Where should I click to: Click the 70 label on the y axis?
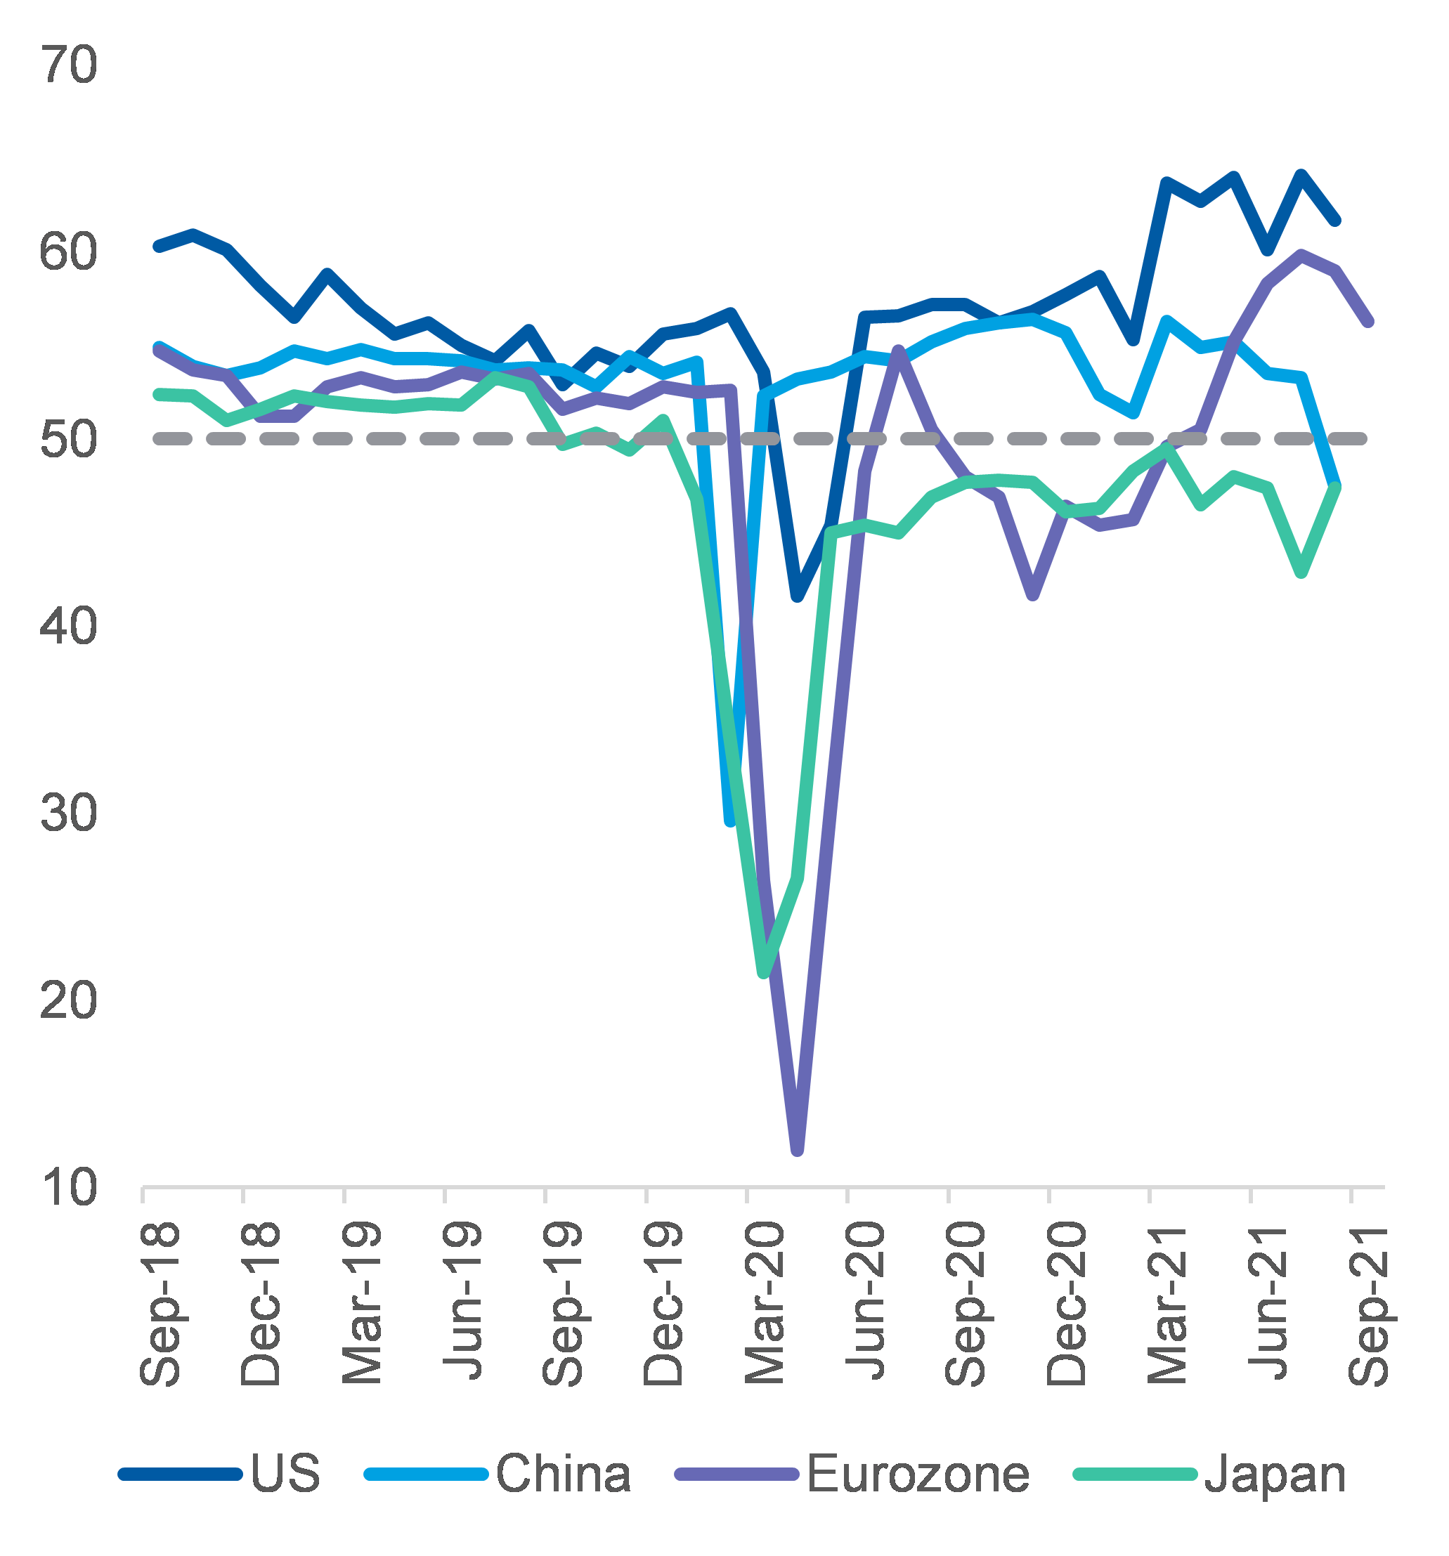69,65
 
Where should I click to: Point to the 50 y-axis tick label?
69,440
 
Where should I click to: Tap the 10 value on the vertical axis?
69,1188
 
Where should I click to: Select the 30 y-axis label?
69,814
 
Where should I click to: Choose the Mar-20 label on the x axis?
765,1303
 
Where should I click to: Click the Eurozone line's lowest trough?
797,1150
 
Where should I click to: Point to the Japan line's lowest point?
764,972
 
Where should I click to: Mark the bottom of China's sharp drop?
730,821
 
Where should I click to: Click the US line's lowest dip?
798,596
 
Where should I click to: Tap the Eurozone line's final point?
1368,322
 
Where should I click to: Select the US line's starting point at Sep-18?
158,247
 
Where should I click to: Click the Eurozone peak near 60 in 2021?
1301,254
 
